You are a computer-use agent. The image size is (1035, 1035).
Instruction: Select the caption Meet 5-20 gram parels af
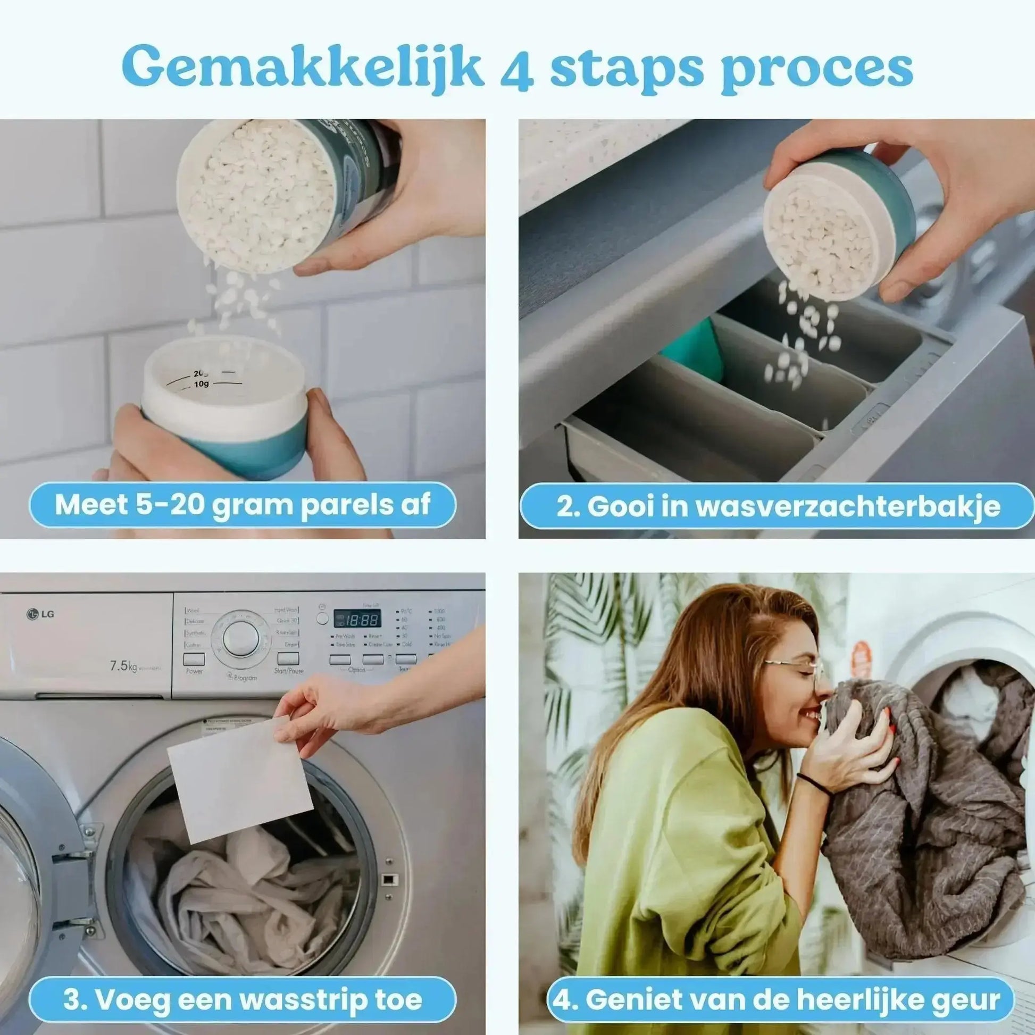[242, 505]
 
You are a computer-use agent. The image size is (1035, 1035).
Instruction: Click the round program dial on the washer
[240, 640]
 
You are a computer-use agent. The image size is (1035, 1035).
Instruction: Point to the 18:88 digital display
[357, 620]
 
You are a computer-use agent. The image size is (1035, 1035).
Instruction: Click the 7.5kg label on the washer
[124, 666]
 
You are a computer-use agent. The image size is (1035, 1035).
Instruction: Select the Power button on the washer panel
[194, 659]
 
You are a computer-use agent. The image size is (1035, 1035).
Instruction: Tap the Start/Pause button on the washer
[288, 659]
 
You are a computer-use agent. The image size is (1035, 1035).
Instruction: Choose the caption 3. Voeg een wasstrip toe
[242, 984]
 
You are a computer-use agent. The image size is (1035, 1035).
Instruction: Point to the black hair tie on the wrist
[816, 784]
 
